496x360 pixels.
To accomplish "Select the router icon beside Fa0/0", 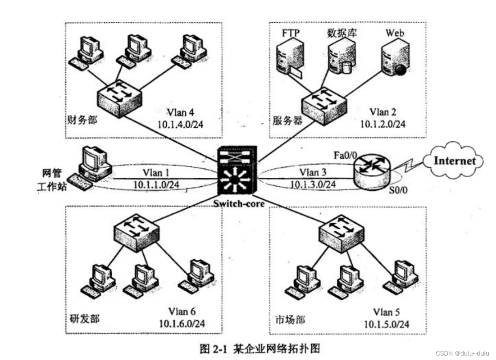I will (x=370, y=172).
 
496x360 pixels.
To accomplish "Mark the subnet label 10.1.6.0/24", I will (x=182, y=323).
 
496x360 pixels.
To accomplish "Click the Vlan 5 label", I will (x=386, y=312).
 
